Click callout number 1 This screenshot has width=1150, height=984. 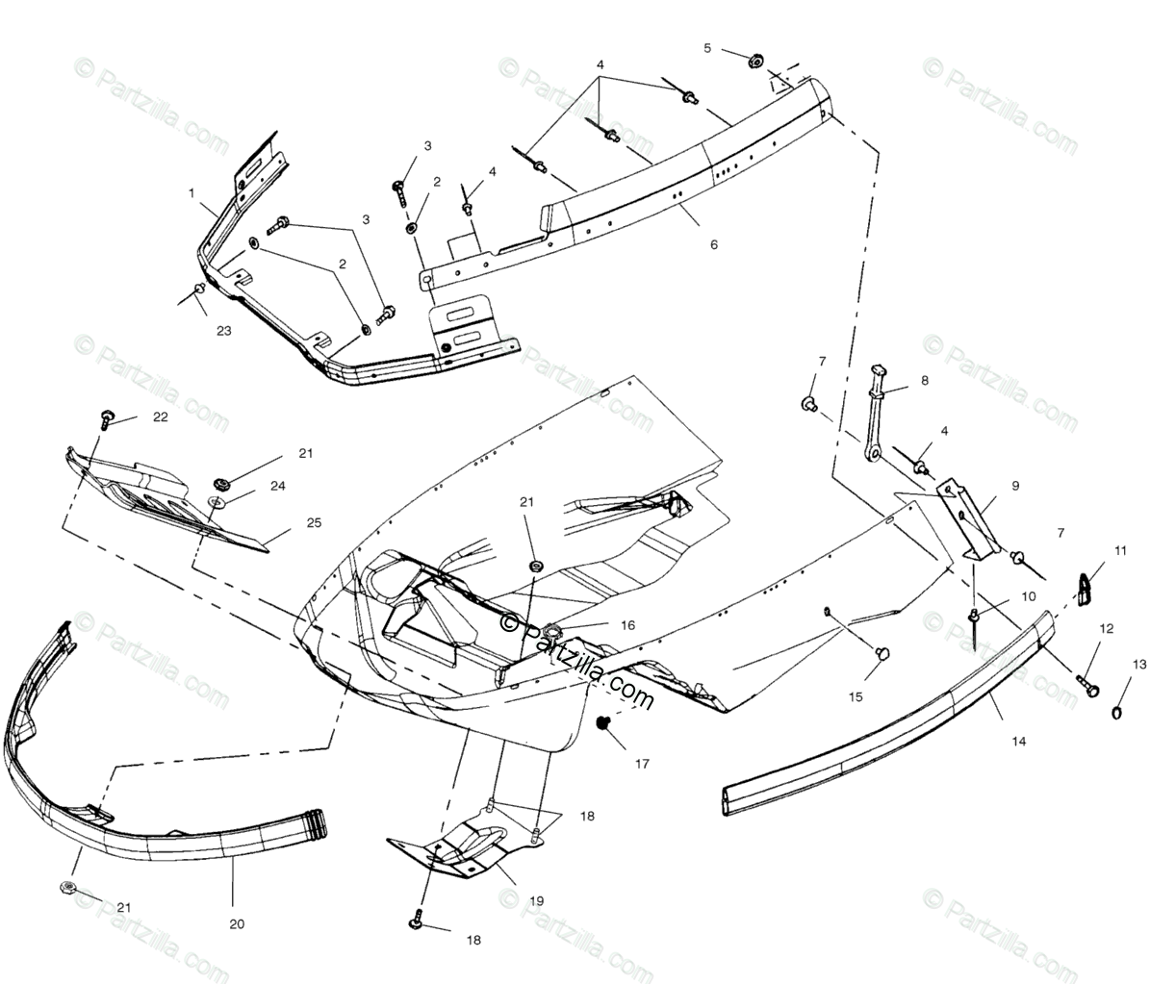coord(192,192)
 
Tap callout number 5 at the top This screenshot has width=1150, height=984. coord(707,48)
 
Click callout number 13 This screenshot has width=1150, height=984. coord(1139,665)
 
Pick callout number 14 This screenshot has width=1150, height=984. coord(991,741)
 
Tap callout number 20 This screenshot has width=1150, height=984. coord(237,923)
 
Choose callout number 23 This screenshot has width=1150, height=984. coord(223,330)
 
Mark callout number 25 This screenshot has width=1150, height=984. coord(315,522)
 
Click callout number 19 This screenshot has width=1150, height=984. coord(536,901)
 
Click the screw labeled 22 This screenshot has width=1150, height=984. coord(104,418)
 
